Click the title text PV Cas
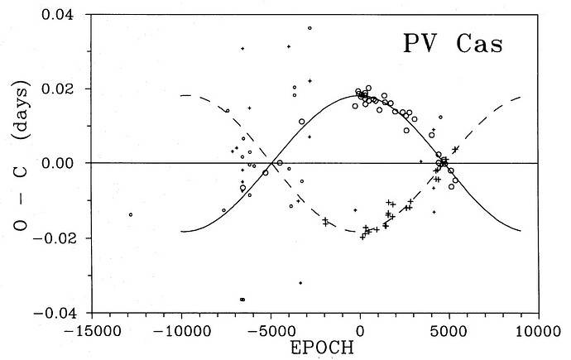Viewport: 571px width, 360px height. click(452, 44)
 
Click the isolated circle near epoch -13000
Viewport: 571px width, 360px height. click(131, 215)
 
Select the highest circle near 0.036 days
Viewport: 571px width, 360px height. click(309, 28)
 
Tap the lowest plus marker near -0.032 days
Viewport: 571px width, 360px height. click(300, 283)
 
